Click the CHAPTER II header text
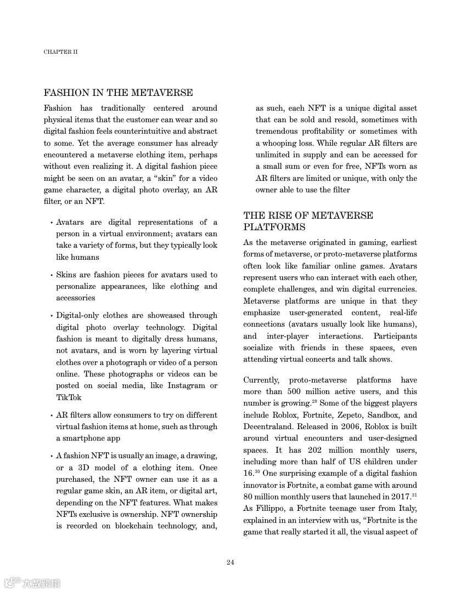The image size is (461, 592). click(60, 52)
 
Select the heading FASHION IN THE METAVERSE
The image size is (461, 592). click(118, 93)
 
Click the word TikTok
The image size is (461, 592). click(69, 397)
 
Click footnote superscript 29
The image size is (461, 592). click(314, 401)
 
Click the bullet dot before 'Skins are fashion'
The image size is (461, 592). click(51, 275)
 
